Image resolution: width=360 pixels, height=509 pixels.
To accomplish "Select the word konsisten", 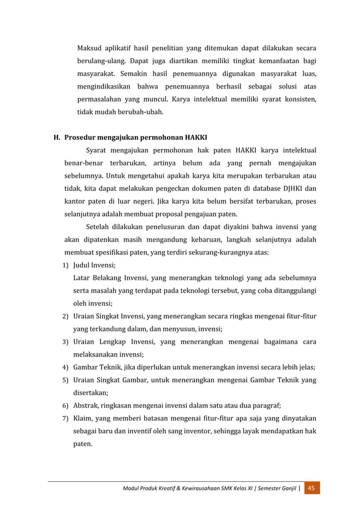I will coord(297,99).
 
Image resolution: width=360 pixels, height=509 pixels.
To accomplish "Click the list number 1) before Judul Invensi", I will coord(65,265).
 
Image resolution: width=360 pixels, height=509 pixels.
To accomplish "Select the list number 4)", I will coord(65,367).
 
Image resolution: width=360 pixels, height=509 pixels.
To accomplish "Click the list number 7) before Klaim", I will coord(65,418).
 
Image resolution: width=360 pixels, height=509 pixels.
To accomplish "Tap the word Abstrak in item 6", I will coord(86,405).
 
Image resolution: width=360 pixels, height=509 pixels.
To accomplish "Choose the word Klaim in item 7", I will coord(84,418).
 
